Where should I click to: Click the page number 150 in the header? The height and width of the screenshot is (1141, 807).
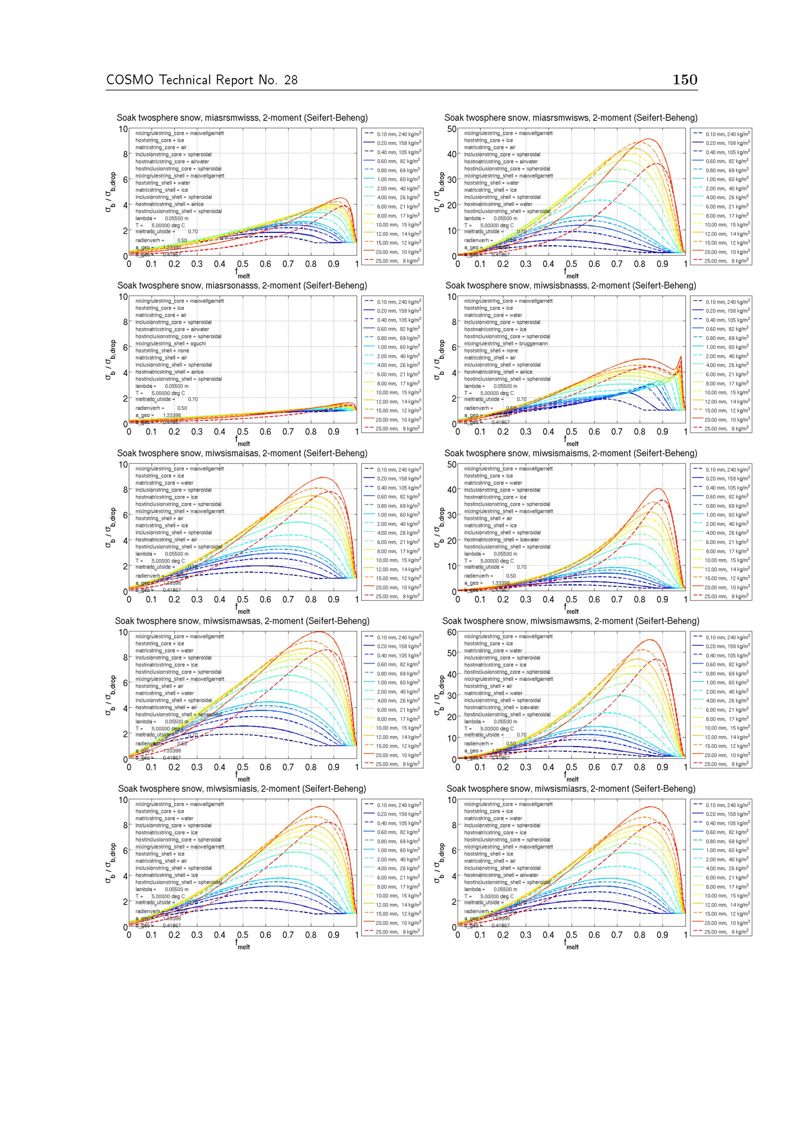(685, 80)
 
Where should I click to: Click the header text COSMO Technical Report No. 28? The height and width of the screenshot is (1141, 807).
(202, 80)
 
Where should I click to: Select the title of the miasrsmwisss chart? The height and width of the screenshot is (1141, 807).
(242, 118)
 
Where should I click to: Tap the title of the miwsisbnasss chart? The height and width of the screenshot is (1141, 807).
(571, 286)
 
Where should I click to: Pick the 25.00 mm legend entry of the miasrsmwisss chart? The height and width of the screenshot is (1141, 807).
(392, 261)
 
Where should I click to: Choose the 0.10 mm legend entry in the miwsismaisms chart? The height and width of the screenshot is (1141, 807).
(721, 470)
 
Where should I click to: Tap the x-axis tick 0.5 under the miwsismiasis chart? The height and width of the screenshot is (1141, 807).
(243, 935)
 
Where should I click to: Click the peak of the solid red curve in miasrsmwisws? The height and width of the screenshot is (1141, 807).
(648, 139)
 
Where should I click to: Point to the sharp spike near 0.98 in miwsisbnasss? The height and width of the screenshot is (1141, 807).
(680, 356)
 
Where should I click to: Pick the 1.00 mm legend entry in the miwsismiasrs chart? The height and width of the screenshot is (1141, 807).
(721, 850)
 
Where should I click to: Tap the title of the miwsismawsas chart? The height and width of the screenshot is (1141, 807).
(242, 621)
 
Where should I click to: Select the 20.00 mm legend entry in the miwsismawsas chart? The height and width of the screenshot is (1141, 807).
(392, 755)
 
